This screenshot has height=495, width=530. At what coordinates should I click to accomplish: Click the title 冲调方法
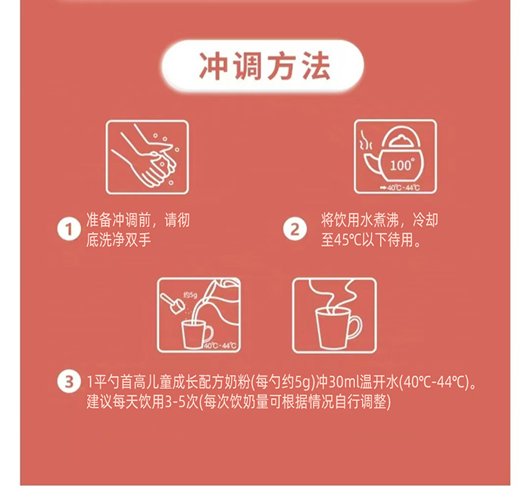click(x=265, y=67)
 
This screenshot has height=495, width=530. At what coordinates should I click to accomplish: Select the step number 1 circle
click(x=70, y=229)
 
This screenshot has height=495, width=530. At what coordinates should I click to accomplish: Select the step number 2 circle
click(x=294, y=229)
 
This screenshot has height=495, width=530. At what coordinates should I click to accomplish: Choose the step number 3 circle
click(x=70, y=380)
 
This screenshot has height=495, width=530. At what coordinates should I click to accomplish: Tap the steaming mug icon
click(x=333, y=315)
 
